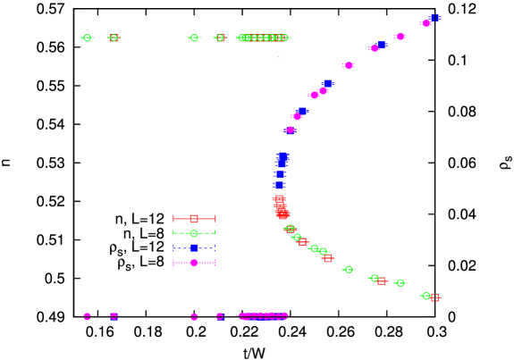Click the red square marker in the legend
click(x=194, y=219)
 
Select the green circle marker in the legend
click(x=194, y=233)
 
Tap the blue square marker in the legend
click(x=194, y=248)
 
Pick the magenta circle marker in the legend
click(x=194, y=263)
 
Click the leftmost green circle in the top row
click(x=87, y=38)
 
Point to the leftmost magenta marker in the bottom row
click(x=87, y=316)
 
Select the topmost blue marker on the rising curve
click(x=434, y=18)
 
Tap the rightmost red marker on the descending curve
click(x=435, y=297)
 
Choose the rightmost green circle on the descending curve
click(x=426, y=295)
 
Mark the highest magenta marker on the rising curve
click(x=426, y=23)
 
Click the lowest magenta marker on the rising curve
click(x=290, y=130)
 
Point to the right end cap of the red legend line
click(x=215, y=219)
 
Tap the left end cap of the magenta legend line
click(x=173, y=263)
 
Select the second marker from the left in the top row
click(x=114, y=38)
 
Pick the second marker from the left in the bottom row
click(x=114, y=316)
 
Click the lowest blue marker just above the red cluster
click(x=279, y=186)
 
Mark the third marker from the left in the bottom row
click(x=194, y=316)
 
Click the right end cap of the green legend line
click(x=215, y=233)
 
